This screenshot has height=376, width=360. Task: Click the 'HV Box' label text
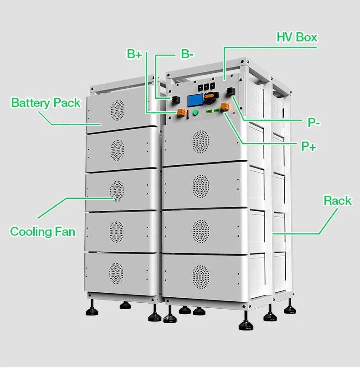(297, 37)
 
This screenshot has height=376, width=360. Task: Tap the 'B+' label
(134, 54)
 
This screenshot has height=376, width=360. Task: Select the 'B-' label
(187, 54)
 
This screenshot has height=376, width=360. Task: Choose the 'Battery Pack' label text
(46, 102)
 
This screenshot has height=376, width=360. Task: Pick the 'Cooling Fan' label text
(42, 231)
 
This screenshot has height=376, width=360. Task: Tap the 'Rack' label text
(337, 200)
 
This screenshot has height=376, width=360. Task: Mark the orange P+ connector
(225, 107)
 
